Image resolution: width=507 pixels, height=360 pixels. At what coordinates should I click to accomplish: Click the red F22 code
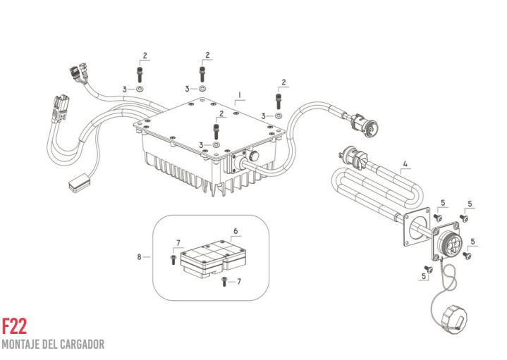point(14,326)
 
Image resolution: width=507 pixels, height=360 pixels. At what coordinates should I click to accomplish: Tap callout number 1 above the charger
point(240,94)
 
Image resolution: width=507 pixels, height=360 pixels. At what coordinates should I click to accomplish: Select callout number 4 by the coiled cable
point(405,166)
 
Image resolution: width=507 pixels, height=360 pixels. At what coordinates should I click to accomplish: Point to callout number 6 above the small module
point(236,231)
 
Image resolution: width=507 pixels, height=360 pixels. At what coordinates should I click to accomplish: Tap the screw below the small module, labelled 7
point(224,282)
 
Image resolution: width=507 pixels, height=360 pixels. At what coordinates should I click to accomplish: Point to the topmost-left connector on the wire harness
point(73,71)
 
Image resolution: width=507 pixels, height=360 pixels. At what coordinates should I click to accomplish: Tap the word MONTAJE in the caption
point(21,345)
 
